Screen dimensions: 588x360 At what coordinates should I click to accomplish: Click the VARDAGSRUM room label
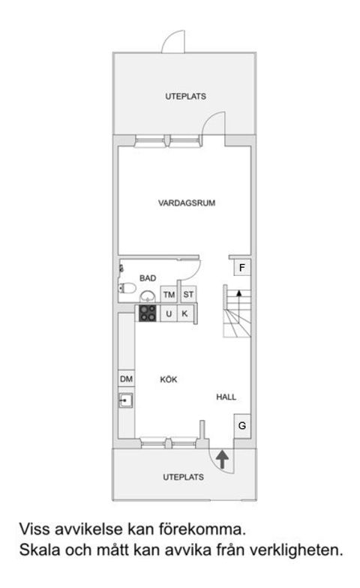181,202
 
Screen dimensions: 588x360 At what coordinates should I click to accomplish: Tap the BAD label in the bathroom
148,277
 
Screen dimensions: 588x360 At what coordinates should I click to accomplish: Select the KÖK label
168,379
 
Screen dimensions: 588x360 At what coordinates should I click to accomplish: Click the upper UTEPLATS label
185,96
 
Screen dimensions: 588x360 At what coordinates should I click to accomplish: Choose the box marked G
241,425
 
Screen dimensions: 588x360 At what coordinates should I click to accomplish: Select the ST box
188,295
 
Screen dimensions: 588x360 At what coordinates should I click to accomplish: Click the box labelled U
169,314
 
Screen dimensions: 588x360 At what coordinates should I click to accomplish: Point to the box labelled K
185,314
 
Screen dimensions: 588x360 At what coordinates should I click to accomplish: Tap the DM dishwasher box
126,379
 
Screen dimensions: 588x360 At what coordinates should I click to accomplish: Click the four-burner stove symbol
147,314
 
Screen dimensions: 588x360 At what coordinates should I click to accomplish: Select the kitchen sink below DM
125,401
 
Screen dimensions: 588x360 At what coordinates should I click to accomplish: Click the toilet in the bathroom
126,288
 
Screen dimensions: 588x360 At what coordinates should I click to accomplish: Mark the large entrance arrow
223,457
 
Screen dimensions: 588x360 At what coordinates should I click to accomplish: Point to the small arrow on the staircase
239,293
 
